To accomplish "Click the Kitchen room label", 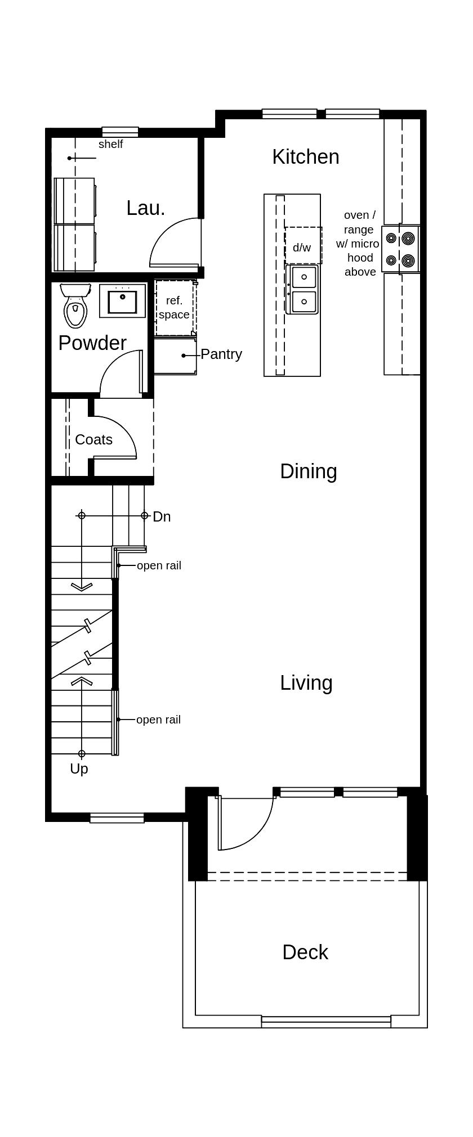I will tap(305, 157).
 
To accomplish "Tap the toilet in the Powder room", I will tap(75, 306).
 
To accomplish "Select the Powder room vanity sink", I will tap(122, 301).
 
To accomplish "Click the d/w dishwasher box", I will tap(303, 246).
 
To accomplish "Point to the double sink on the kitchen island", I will tap(302, 289).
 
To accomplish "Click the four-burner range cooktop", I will tap(400, 249).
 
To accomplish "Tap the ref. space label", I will tap(174, 308).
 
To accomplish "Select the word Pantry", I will tap(221, 354).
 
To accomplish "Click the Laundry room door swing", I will tap(175, 243).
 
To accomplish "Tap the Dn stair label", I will tap(162, 516).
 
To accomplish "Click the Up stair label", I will tap(79, 769).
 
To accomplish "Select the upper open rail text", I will tap(159, 566).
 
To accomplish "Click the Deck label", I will tap(305, 952).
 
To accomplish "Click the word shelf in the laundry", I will tap(110, 145).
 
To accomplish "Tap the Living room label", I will tap(306, 683).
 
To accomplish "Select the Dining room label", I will tap(308, 471).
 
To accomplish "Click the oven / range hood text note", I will tap(360, 243).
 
